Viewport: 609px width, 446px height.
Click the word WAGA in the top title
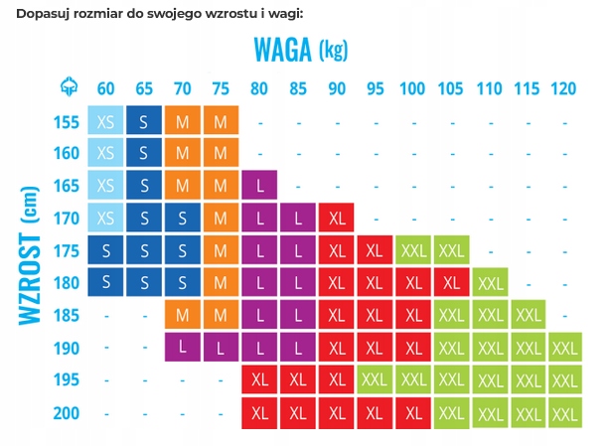coord(283,47)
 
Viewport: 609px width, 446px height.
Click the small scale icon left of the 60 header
coord(67,87)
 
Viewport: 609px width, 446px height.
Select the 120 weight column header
coord(563,87)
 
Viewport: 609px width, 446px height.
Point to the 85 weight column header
coord(297,87)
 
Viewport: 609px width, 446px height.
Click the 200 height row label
coord(67,412)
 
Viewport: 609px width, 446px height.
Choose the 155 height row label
coord(67,122)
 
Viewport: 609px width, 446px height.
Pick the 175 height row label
coord(67,250)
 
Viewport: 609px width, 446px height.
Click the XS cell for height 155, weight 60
coord(105,122)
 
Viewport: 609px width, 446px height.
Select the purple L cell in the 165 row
coord(259,187)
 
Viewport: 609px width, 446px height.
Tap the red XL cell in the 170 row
coord(337,219)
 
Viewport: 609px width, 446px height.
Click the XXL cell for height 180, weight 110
coord(490,283)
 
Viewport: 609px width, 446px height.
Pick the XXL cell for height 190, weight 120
coord(563,348)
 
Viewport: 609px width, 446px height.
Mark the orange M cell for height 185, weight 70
coord(183,316)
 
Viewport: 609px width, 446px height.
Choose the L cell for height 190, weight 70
coord(183,348)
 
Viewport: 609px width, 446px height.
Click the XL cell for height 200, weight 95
coord(375,412)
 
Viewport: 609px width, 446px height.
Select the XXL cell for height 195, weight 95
coord(375,379)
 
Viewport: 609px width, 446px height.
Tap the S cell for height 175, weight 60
coord(105,250)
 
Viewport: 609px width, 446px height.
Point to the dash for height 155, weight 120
coord(563,122)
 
